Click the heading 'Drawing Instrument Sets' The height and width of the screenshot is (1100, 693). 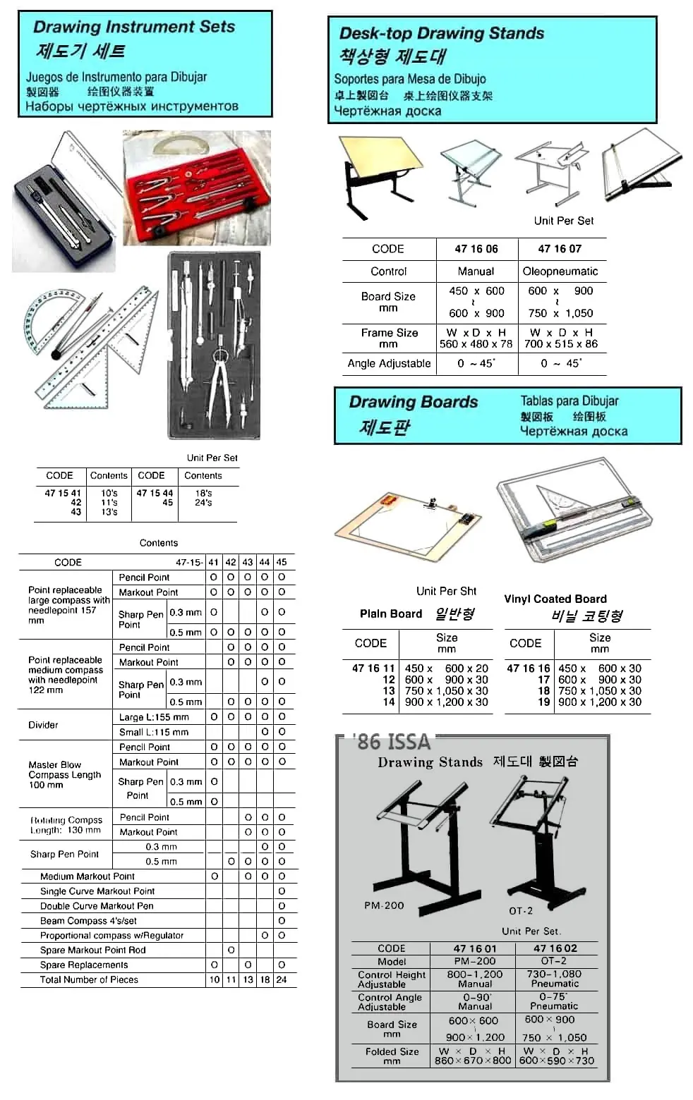pos(134,27)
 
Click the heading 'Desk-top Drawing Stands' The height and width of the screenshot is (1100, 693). pos(442,33)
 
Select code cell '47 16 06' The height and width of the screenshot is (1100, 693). pos(476,249)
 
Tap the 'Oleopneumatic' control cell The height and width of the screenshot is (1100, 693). pos(560,271)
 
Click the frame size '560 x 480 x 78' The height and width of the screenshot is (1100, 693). pos(476,344)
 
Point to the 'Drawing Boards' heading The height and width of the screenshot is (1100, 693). pos(414,402)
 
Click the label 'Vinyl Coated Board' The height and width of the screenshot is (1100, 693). pos(555,599)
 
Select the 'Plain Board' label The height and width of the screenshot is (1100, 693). pos(391,613)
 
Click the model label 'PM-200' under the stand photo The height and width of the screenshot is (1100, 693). pos(384,905)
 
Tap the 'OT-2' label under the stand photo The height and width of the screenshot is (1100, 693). pos(521,911)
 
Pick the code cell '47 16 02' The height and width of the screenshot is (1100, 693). pos(555,948)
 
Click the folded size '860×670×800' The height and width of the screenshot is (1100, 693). pos(473,1061)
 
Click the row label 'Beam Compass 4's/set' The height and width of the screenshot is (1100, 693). pos(88,921)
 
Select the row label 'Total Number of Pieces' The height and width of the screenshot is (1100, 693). pos(89,979)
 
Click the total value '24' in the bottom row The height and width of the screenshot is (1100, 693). pos(282,979)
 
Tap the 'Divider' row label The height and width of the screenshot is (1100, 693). pos(43,725)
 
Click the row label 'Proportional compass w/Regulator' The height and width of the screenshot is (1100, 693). pos(112,936)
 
